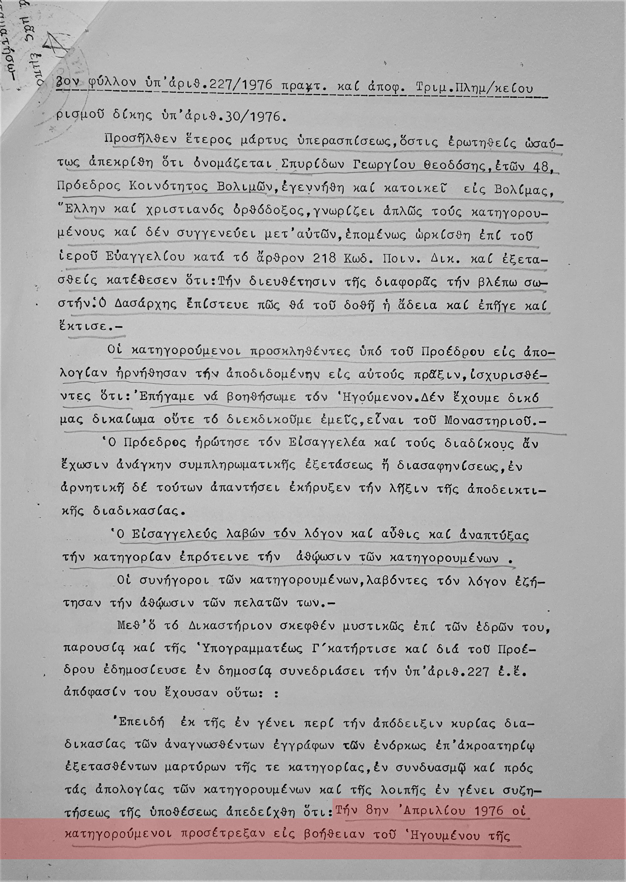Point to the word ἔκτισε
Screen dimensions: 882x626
[x=87, y=326]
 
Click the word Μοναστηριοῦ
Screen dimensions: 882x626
[x=490, y=420]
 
